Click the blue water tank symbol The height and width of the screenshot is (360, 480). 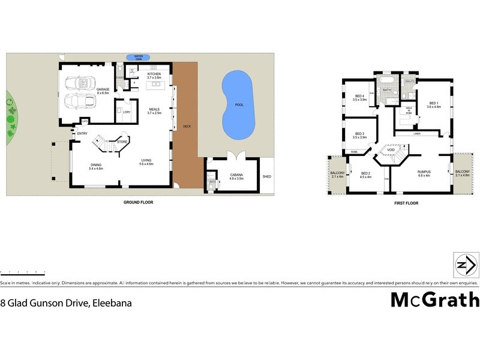[x=139, y=57]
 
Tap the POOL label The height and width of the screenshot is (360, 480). [x=239, y=105]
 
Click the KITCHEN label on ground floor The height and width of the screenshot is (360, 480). [x=154, y=74]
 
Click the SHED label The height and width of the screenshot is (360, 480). [x=266, y=176]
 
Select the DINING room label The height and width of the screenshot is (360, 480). [x=96, y=166]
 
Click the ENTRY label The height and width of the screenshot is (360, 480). [x=82, y=133]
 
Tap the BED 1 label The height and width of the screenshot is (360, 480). [x=433, y=104]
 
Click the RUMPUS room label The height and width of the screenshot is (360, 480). [x=424, y=172]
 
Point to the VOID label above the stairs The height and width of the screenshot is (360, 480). [x=391, y=150]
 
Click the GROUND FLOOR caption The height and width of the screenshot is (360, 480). [x=138, y=203]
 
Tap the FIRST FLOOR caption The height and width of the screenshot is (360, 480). [x=407, y=203]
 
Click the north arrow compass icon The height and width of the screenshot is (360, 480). [x=466, y=264]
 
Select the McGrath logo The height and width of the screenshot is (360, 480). [x=435, y=299]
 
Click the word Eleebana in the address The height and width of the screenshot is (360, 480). [x=112, y=304]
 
